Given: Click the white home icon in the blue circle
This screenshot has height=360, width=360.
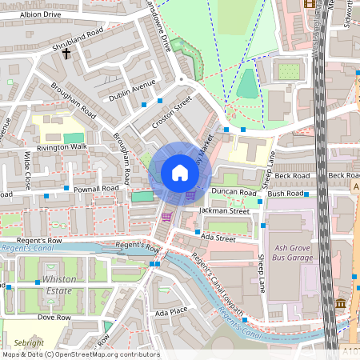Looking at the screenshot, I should tap(180, 173).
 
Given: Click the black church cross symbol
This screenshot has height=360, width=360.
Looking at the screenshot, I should tap(66, 54).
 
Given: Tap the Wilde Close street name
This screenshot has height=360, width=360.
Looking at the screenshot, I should tap(27, 165).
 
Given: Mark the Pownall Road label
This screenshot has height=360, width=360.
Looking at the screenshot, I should tap(96, 189).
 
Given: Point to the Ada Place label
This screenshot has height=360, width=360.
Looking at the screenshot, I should tap(170, 311).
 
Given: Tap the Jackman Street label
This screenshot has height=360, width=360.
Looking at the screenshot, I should tap(226, 210).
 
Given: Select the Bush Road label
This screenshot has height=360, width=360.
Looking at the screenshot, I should tap(286, 194).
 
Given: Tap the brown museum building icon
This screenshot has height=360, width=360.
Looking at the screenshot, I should tap(341, 304).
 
